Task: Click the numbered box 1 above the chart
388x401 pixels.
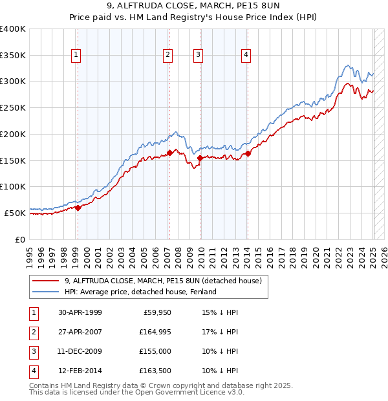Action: (x=76, y=56)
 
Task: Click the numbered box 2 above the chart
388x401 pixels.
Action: (x=167, y=56)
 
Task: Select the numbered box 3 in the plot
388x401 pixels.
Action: (x=198, y=56)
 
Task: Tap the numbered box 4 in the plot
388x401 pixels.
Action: (x=246, y=56)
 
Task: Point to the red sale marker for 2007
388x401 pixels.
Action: (x=169, y=153)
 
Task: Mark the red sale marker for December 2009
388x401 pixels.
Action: (x=200, y=157)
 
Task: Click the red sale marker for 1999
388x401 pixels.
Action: (x=78, y=208)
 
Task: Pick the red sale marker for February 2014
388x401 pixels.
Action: (x=248, y=153)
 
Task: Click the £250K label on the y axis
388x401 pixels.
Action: (x=13, y=107)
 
